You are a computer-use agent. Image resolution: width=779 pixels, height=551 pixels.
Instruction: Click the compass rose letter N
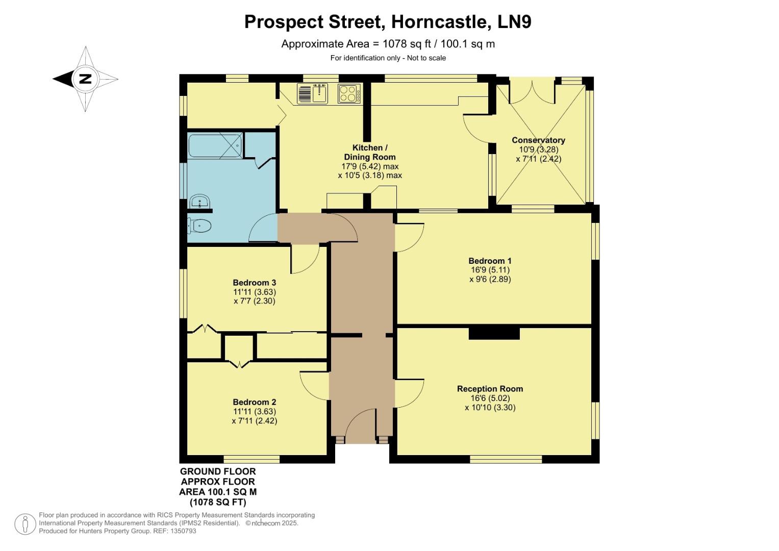[85, 79]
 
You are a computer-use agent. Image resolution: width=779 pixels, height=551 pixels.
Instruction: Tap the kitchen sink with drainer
[312, 93]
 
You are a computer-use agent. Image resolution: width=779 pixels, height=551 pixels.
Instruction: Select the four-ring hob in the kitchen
[349, 93]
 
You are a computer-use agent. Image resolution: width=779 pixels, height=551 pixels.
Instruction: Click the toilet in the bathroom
[199, 225]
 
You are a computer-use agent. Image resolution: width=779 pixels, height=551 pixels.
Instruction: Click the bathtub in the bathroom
[215, 145]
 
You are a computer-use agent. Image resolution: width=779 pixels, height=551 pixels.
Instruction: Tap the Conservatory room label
[538, 140]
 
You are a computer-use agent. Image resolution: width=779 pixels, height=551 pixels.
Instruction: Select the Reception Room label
[490, 389]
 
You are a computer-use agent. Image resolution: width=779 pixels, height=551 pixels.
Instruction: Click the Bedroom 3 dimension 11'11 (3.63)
[255, 292]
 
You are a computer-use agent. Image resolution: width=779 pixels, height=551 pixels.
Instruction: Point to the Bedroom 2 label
[255, 402]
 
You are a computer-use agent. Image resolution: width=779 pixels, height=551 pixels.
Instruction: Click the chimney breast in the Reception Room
[494, 333]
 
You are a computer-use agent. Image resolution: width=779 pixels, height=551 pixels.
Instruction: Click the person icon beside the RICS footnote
[25, 524]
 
